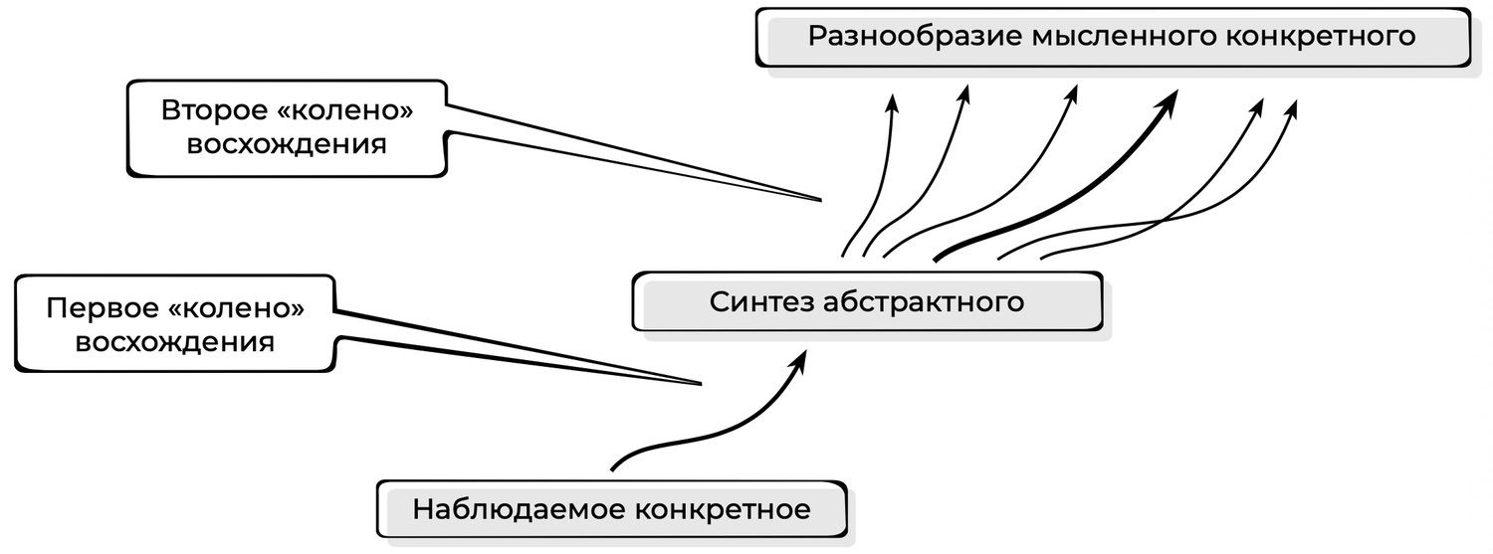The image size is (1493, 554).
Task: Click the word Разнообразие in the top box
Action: [x=914, y=37]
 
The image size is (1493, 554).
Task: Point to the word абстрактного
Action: [x=925, y=301]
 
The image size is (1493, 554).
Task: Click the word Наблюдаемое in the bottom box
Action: [x=517, y=510]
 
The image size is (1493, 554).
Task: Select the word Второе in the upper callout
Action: [x=213, y=110]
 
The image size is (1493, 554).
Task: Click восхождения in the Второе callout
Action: [x=287, y=144]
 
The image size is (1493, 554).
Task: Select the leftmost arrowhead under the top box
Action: [x=893, y=101]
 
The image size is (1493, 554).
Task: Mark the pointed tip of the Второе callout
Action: [x=821, y=200]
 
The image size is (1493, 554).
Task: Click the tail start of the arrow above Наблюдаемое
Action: [x=611, y=467]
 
